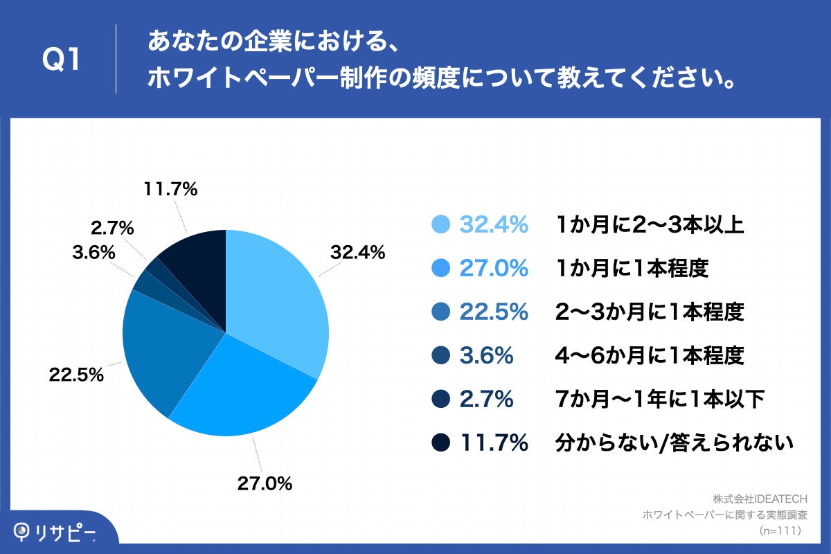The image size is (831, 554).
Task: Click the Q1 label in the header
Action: (62, 61)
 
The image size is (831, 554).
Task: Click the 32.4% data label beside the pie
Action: (357, 253)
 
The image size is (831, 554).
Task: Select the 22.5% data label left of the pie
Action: (76, 375)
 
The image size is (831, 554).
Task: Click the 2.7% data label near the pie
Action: (111, 228)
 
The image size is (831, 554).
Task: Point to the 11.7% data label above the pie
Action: (170, 189)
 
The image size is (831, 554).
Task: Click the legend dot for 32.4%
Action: (441, 224)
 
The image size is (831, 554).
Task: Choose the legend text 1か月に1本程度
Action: (632, 268)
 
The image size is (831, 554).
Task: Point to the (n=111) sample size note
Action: (780, 530)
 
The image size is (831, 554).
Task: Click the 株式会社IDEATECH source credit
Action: (765, 499)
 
